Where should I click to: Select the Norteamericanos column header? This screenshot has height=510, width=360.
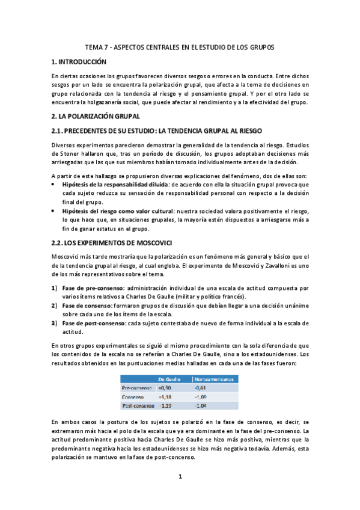click(x=215, y=379)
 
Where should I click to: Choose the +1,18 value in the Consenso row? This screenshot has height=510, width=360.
click(x=165, y=397)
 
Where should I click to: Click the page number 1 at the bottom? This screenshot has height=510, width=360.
click(x=180, y=477)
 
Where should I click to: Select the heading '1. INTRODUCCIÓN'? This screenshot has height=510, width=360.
click(x=79, y=62)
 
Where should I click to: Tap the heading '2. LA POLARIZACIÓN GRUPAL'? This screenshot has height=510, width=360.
click(x=96, y=116)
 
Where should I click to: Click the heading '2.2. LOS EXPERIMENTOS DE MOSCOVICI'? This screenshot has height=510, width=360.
click(x=104, y=242)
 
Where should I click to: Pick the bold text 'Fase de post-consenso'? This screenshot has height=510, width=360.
click(x=96, y=323)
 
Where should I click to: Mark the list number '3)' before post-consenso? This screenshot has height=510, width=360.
click(x=54, y=323)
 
